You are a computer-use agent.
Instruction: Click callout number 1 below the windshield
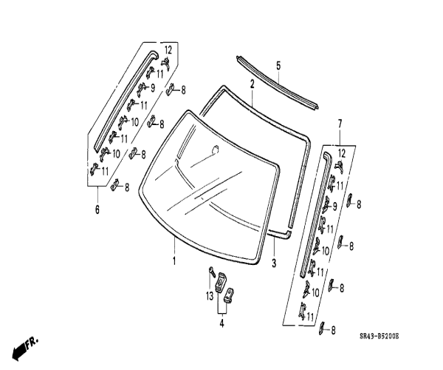(x=174, y=261)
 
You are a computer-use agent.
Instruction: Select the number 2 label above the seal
(x=252, y=84)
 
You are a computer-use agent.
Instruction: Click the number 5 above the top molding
(x=278, y=66)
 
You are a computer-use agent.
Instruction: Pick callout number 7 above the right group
(x=340, y=122)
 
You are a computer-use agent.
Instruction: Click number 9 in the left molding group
(x=152, y=87)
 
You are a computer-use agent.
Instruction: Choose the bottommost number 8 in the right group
(x=333, y=329)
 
